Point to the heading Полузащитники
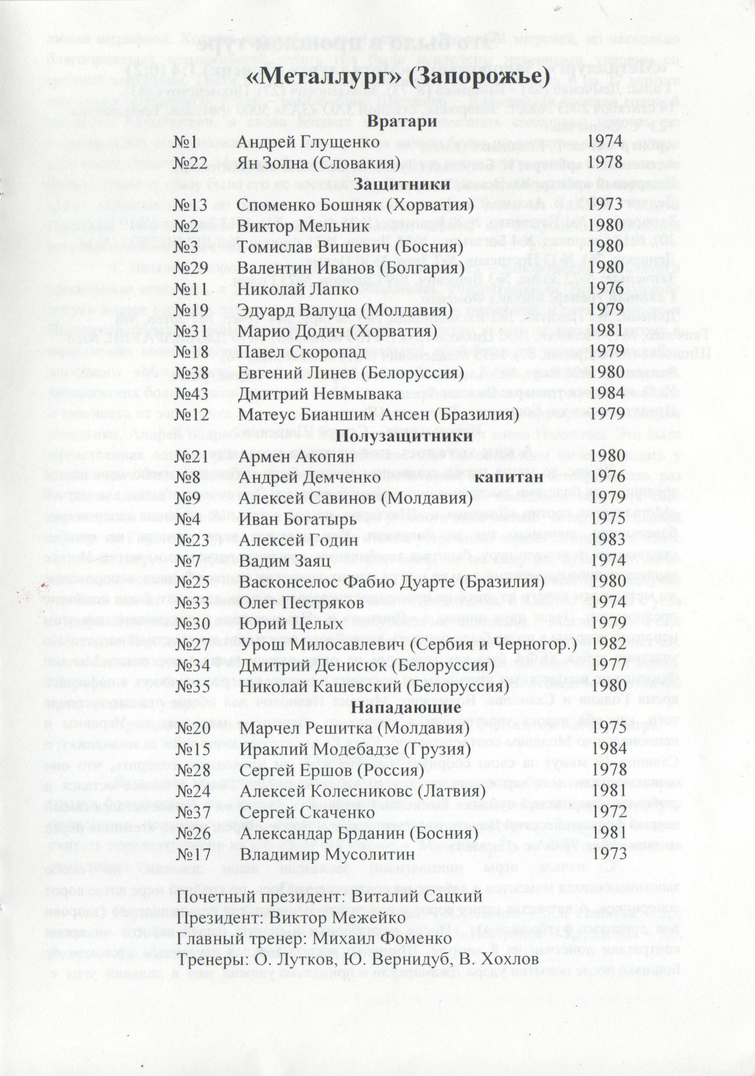click(x=404, y=436)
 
